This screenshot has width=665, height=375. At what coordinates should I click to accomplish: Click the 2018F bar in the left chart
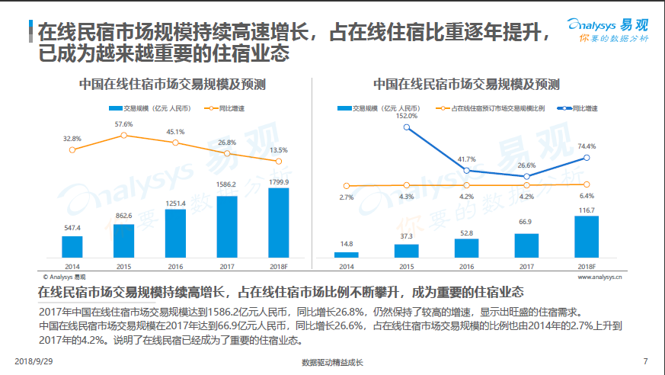click(279, 223)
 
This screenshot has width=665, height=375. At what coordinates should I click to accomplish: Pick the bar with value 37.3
click(406, 250)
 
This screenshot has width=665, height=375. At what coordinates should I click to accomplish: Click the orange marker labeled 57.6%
click(124, 136)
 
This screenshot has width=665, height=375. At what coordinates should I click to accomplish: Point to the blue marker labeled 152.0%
click(407, 127)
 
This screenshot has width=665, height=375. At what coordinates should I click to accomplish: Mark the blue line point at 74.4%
click(586, 158)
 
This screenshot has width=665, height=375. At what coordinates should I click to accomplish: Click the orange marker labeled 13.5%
click(279, 162)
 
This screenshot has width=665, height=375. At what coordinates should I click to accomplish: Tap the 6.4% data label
click(587, 196)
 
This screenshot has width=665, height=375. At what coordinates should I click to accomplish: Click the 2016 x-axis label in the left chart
click(175, 267)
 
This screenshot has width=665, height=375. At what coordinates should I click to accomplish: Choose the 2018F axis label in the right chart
click(586, 267)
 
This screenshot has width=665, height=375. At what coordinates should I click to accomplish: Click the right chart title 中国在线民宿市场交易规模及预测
click(466, 84)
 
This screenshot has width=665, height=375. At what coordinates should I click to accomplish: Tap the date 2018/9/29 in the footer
click(33, 361)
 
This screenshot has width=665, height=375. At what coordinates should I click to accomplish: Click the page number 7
click(645, 361)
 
